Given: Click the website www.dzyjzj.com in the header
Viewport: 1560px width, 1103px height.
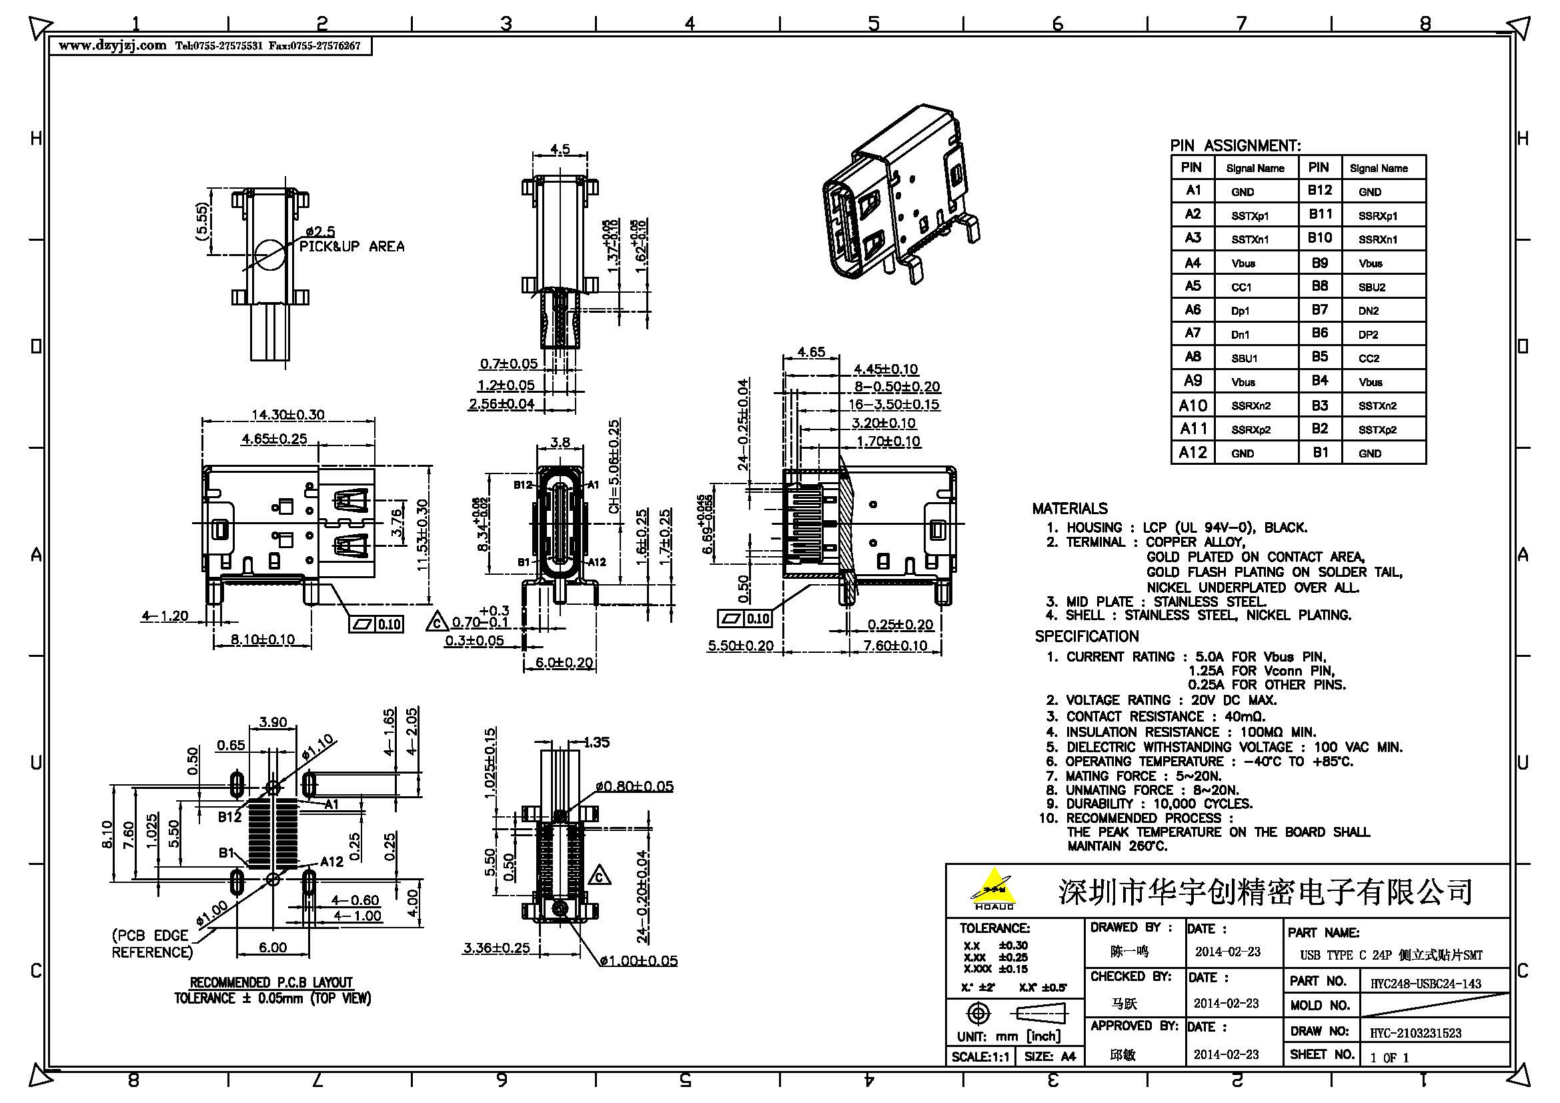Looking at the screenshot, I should [x=112, y=45].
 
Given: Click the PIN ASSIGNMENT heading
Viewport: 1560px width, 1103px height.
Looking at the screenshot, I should [x=1235, y=145].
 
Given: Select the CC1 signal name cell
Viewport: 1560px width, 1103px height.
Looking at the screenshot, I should [x=1241, y=287].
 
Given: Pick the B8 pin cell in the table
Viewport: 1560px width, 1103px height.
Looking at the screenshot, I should [x=1319, y=286].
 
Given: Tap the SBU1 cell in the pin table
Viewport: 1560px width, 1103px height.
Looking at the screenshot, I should [x=1243, y=358].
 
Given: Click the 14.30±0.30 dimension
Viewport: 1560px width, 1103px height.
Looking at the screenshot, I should [x=287, y=414].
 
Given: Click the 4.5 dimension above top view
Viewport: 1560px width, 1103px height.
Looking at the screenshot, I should [x=559, y=149].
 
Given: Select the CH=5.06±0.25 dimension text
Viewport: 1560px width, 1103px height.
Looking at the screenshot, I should [x=614, y=475].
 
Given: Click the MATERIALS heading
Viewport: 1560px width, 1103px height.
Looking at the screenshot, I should [x=1069, y=508].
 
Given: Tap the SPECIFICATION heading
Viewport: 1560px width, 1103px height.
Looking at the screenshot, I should [x=1086, y=636].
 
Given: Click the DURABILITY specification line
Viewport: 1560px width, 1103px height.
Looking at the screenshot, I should [x=1158, y=804].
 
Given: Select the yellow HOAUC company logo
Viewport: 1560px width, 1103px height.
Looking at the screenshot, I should [x=994, y=888].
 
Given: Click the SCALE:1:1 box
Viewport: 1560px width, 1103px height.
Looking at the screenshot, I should [x=980, y=1056].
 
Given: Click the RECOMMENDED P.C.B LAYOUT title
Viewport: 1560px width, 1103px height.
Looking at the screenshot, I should [x=271, y=982].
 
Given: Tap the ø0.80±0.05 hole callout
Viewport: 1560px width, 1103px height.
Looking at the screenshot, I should [x=634, y=786].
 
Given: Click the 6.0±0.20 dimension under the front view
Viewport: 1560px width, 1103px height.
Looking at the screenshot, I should [x=564, y=662].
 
